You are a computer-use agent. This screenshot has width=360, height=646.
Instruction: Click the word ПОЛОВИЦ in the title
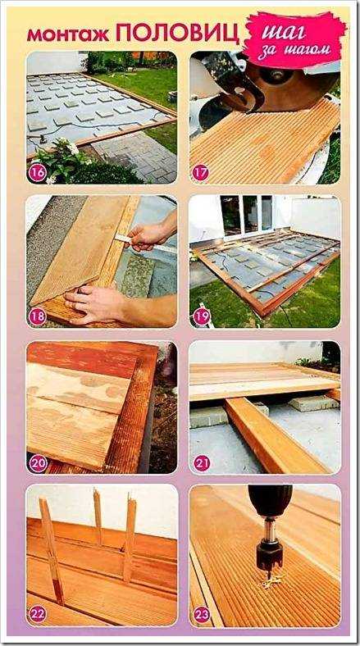click(177, 33)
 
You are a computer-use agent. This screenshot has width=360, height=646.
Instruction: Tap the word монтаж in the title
click(68, 35)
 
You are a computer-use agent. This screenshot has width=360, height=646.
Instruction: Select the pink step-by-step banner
click(294, 40)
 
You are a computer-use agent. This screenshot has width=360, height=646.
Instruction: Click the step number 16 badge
click(37, 173)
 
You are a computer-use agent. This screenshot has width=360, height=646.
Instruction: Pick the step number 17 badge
click(201, 173)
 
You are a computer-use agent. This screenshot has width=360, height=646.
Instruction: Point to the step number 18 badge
click(37, 317)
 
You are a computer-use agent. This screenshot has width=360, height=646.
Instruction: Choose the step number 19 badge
click(202, 317)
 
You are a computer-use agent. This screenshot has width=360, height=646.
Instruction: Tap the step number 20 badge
click(39, 463)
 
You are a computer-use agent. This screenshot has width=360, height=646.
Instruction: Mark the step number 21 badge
click(202, 463)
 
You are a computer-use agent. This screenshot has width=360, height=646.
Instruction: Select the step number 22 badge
click(38, 615)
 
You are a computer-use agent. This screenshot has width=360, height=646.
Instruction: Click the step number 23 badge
click(202, 615)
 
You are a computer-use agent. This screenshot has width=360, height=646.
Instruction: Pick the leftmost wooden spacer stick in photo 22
click(52, 550)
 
